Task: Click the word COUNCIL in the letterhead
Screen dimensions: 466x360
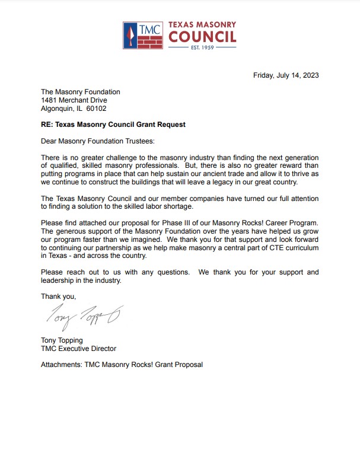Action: (x=202, y=37)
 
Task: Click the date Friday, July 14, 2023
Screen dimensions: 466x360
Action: (x=286, y=75)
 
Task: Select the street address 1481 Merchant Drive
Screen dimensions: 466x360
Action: (x=74, y=100)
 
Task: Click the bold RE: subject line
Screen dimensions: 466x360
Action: (x=113, y=125)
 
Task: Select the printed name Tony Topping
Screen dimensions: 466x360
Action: (x=62, y=340)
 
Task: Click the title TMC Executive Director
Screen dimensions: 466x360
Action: (x=78, y=349)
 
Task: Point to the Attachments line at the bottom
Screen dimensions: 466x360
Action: (x=122, y=365)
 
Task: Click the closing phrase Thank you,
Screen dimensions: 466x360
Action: (x=58, y=295)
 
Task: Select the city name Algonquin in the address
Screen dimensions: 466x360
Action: (x=58, y=108)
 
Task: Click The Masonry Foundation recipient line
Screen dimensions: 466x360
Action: (x=80, y=92)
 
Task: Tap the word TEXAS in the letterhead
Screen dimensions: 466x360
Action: (x=186, y=24)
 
